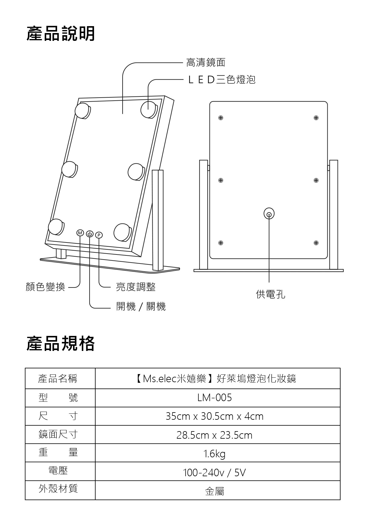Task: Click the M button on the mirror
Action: (80, 233)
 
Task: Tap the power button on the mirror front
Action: (90, 234)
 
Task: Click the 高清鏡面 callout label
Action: (206, 62)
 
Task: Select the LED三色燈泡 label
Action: (222, 80)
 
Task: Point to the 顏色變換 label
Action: (45, 287)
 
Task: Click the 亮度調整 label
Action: (136, 287)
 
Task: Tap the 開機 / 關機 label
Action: (141, 307)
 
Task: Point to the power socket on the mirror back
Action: (269, 214)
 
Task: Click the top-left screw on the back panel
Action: (221, 118)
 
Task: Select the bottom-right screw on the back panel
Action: (316, 243)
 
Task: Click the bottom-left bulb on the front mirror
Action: (56, 227)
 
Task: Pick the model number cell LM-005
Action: (215, 398)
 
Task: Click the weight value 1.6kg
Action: (214, 454)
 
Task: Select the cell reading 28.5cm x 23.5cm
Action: (214, 435)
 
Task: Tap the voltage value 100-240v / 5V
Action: (214, 473)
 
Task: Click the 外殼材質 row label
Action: (58, 489)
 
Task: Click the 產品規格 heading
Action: (61, 344)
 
